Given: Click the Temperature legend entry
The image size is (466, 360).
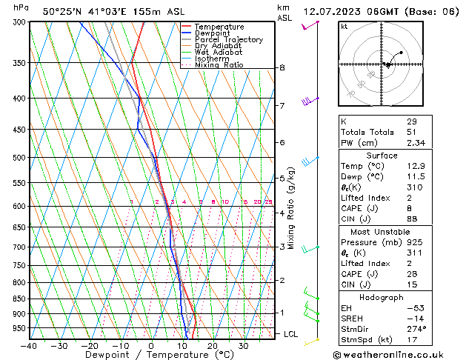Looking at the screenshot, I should (x=220, y=27).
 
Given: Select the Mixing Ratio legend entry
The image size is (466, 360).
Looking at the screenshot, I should (x=219, y=65).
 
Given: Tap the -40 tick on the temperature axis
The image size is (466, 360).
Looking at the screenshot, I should (x=28, y=346).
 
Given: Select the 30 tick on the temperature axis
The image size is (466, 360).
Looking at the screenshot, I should (x=243, y=346).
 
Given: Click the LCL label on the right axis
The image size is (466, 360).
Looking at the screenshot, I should (x=291, y=334).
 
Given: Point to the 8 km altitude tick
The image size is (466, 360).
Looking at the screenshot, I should (x=282, y=68).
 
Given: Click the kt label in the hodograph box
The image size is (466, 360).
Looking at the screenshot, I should (x=344, y=26).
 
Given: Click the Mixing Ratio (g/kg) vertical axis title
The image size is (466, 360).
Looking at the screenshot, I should (x=292, y=208).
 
